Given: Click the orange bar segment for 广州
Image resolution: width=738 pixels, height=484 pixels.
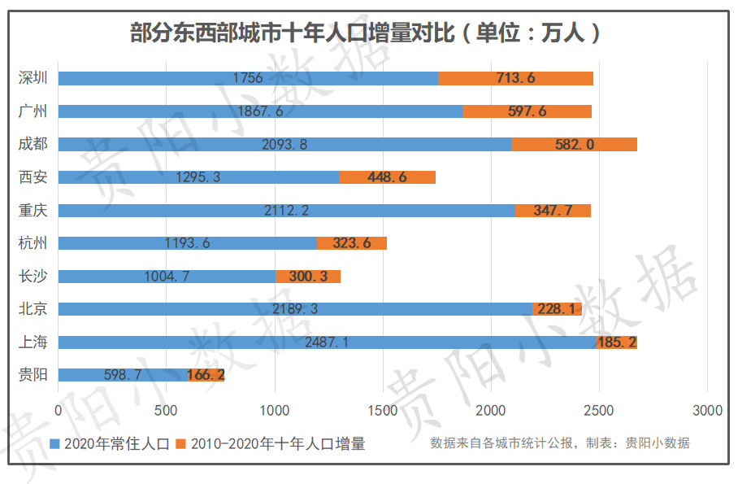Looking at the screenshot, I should click(527, 111).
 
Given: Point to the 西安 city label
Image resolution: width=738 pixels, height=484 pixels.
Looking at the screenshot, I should click(33, 177).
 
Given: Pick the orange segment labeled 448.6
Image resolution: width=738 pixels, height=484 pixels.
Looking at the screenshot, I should click(387, 177).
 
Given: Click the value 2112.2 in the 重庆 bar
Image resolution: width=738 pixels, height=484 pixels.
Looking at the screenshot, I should click(286, 210).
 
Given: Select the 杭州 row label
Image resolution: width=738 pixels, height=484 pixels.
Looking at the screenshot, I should click(33, 242).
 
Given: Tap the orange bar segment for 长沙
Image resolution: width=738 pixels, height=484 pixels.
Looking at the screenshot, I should click(308, 276).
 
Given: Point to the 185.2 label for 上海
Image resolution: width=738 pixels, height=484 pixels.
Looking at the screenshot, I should click(617, 342).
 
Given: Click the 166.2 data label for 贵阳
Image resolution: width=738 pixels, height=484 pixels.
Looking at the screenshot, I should click(206, 375).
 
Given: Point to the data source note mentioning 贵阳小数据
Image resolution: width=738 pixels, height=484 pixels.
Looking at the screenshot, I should click(559, 443).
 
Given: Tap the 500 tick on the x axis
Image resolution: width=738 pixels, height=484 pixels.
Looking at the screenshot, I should click(167, 411).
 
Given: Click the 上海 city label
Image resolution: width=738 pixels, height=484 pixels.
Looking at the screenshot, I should click(33, 342).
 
